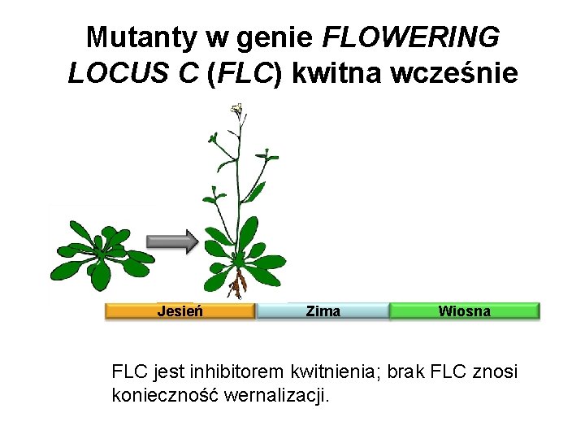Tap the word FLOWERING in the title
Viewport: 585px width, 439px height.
[411, 37]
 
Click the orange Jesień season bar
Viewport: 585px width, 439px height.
[180, 311]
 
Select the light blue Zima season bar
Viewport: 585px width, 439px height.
[323, 311]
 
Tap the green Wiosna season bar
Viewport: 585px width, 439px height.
[464, 311]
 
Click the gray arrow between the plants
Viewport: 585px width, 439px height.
[172, 241]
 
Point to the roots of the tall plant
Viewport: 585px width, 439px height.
[238, 285]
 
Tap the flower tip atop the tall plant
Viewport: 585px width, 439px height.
[237, 109]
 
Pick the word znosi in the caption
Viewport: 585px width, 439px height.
[496, 372]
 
